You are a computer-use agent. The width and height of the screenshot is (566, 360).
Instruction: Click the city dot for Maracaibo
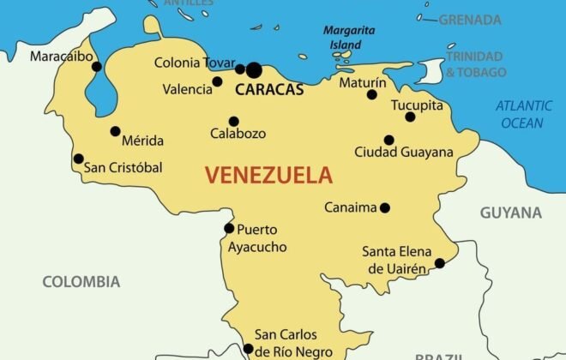[x=97, y=66]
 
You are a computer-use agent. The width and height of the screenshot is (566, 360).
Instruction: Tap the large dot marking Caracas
[x=254, y=69]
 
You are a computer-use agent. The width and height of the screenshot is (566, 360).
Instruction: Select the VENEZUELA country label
[x=268, y=177]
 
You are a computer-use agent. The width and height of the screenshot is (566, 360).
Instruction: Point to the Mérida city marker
[x=115, y=131]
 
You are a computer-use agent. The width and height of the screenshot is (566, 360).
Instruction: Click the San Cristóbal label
[x=123, y=168]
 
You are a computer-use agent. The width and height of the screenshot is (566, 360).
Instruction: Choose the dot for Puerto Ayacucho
[x=229, y=228]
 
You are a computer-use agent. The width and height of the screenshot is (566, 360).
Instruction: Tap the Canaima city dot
[x=385, y=207]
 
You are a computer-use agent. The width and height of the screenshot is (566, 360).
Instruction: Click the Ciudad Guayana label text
[x=404, y=153]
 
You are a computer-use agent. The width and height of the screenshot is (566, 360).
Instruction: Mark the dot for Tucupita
[x=410, y=117]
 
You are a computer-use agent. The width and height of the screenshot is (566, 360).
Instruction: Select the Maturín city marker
[x=372, y=94]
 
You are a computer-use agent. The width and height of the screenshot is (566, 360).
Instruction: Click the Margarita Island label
[x=348, y=37]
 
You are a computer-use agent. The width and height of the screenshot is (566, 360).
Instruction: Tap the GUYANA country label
[x=510, y=213]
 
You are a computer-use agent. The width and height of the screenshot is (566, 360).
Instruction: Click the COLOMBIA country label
[x=81, y=281]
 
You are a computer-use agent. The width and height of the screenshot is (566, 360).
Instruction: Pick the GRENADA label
[x=470, y=20]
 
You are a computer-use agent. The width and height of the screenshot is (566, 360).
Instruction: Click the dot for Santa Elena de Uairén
[x=440, y=263]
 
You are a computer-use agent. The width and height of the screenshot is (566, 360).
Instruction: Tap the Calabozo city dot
[x=233, y=121]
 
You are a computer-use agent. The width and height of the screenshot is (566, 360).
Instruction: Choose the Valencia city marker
[x=218, y=82]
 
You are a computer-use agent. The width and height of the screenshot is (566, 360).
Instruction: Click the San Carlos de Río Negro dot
[x=249, y=349]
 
